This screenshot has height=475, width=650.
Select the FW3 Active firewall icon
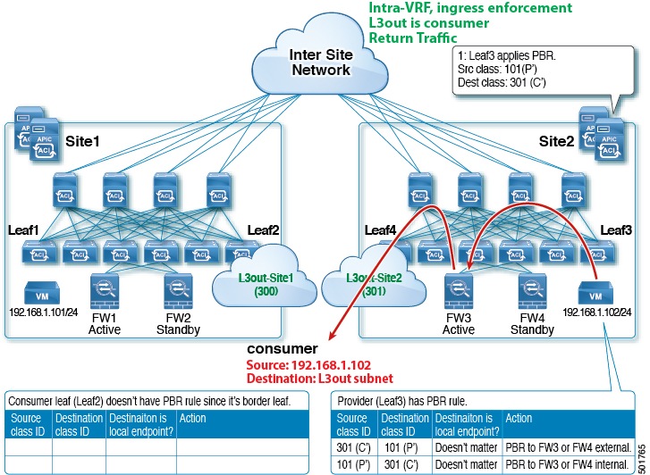pyautogui.click(x=459, y=291)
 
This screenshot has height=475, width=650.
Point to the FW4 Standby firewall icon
pyautogui.click(x=531, y=291)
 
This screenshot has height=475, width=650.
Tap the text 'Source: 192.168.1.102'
pyautogui.click(x=287, y=364)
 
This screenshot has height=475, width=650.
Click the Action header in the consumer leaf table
pyautogui.click(x=193, y=418)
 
